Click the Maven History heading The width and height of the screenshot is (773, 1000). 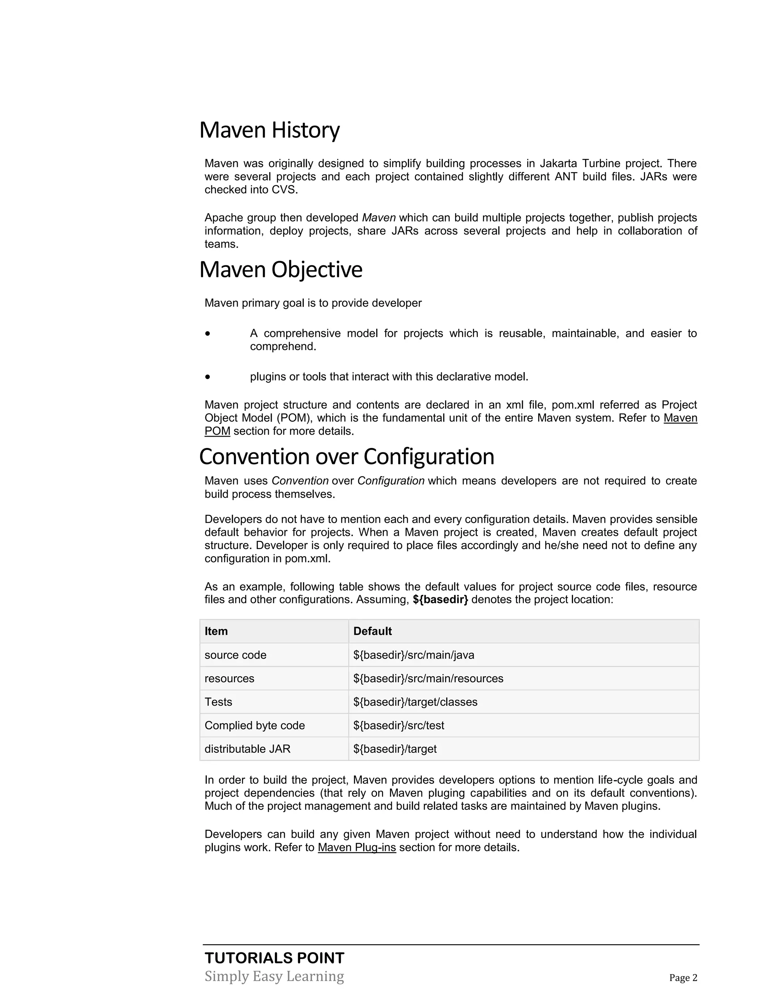click(269, 130)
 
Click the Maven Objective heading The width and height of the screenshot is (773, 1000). click(281, 270)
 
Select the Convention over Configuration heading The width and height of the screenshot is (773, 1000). click(346, 457)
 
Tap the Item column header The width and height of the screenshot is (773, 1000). click(216, 631)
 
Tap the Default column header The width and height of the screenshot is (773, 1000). click(372, 631)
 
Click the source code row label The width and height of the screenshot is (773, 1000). click(236, 655)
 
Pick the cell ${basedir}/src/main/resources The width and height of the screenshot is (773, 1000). click(428, 678)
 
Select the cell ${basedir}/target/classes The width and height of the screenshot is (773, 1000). click(415, 702)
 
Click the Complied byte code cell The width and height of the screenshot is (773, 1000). click(255, 726)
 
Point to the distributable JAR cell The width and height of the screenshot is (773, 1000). click(247, 749)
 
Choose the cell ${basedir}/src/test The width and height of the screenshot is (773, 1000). click(399, 726)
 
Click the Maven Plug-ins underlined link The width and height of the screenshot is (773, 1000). click(357, 848)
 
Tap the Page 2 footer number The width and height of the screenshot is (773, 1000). click(683, 978)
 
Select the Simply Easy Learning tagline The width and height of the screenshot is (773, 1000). click(274, 976)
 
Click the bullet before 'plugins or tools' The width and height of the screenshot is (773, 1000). click(208, 377)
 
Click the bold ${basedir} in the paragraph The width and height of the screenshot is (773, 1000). click(440, 600)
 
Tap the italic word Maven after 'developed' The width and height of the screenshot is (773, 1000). click(379, 218)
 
